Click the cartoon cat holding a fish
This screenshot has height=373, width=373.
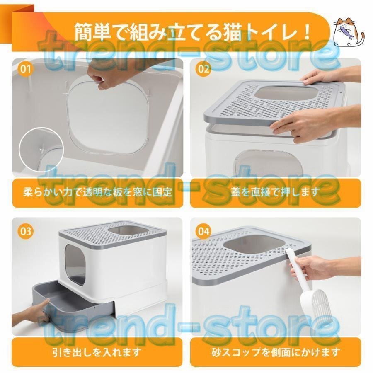pos(348,31)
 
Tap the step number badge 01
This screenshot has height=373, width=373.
pos(25,69)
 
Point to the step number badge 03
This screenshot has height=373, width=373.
pos(25,231)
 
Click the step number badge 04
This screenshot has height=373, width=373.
pos(203,231)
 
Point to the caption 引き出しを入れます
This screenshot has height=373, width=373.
pos(97,352)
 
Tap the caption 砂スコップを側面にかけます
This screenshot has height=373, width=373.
pos(275,352)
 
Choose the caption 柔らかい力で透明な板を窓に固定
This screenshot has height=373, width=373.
pos(97,192)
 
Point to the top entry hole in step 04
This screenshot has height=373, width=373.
pos(254,249)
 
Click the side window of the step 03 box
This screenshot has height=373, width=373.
pos(75,264)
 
